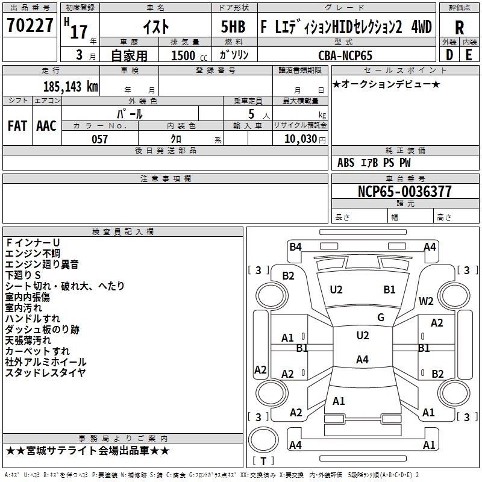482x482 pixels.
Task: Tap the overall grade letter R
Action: pyautogui.click(x=460, y=28)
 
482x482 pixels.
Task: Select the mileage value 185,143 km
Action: pyautogui.click(x=70, y=87)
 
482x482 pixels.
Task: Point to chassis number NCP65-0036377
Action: pyautogui.click(x=404, y=192)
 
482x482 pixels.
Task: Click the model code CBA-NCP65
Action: pyautogui.click(x=345, y=55)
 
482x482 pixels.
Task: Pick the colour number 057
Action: pyautogui.click(x=100, y=139)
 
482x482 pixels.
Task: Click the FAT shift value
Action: pyautogui.click(x=17, y=126)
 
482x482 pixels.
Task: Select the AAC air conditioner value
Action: pyautogui.click(x=46, y=126)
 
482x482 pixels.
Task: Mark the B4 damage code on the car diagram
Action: pyautogui.click(x=295, y=246)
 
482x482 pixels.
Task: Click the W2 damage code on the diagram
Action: pyautogui.click(x=427, y=301)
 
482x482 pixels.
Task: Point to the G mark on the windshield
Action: pyautogui.click(x=381, y=318)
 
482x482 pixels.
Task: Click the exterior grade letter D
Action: pyautogui.click(x=449, y=55)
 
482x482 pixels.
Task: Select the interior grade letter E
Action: pyautogui.click(x=469, y=55)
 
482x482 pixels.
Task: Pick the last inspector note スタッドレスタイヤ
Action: pyautogui.click(x=45, y=372)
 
